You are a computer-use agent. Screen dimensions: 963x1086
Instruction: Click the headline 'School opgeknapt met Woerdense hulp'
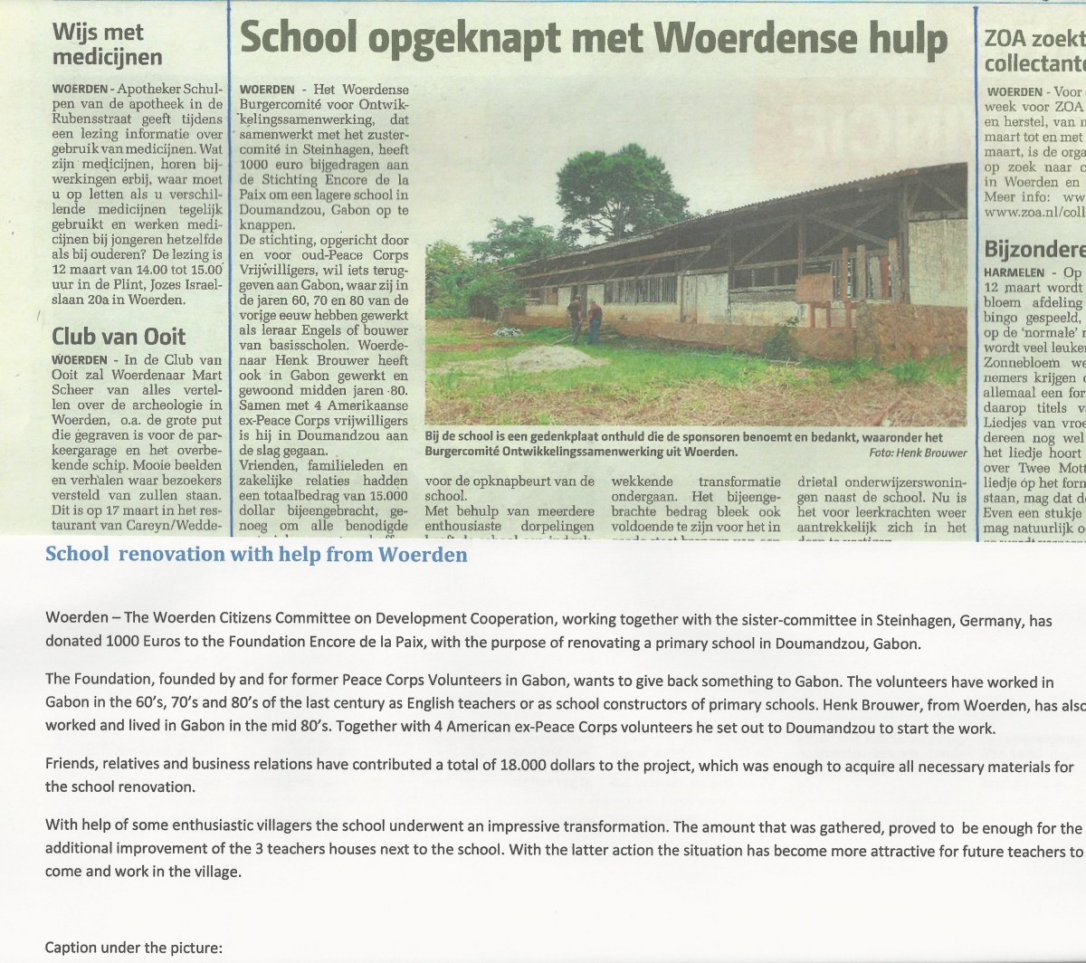tap(593, 39)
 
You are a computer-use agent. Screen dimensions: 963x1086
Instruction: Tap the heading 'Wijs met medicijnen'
tap(107, 45)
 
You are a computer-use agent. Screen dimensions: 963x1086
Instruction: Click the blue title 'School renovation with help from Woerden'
tap(256, 555)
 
